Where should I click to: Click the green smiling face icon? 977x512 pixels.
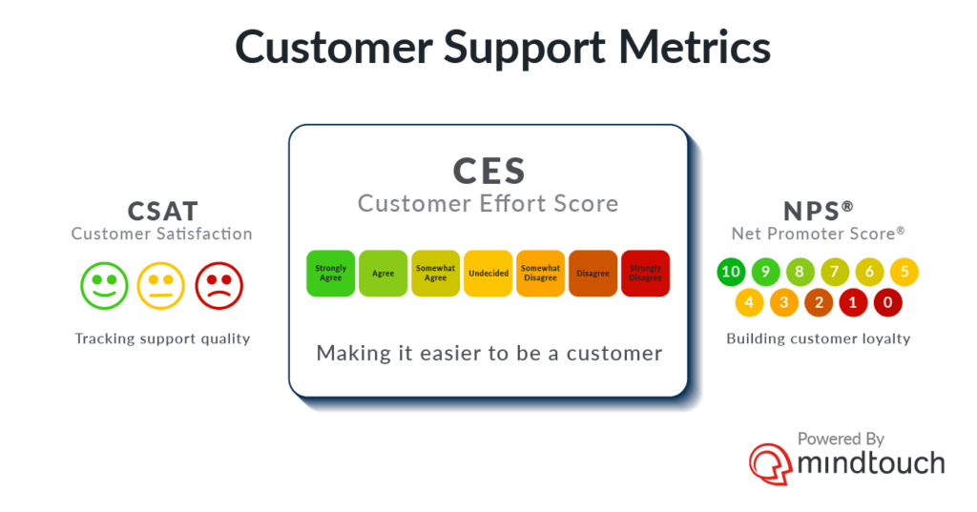pos(104,286)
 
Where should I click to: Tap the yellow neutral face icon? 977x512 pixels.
pos(160,286)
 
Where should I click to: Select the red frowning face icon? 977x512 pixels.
pos(218,286)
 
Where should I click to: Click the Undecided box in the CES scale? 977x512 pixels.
pos(488,274)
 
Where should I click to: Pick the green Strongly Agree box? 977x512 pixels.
pos(331,274)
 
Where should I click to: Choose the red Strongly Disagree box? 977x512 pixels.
pos(646,274)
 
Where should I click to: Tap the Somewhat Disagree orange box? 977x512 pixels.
pos(540,274)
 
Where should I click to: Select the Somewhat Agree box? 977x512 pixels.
pos(435,274)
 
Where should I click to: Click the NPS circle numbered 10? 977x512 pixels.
pos(731,272)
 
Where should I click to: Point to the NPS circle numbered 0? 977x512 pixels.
pos(888,302)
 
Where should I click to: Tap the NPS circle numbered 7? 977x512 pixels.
pos(835,272)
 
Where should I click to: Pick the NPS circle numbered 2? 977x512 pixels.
pos(819,302)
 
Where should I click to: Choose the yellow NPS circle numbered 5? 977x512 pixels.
pos(904,272)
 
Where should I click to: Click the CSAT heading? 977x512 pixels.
pos(163,211)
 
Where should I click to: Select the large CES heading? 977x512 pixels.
pos(489,171)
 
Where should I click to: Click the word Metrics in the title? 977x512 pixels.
pos(695,48)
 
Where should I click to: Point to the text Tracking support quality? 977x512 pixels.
pos(162,338)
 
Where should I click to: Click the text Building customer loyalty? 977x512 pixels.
pos(818,338)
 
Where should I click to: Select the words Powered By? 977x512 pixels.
pos(841,440)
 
